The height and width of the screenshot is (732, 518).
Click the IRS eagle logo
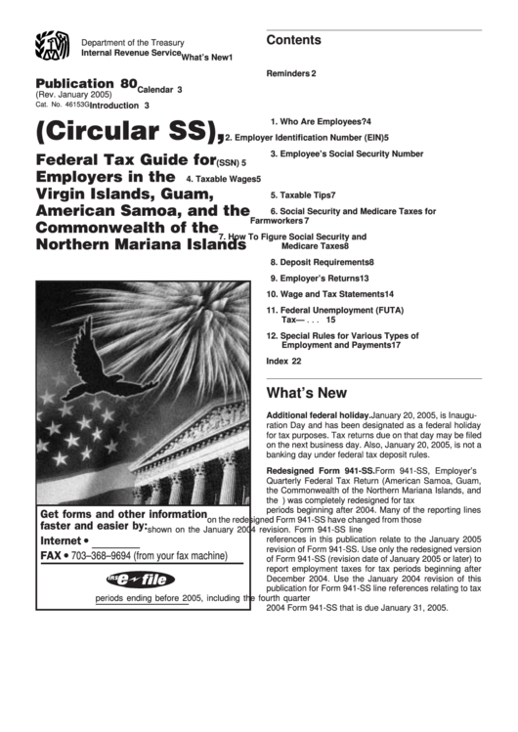coord(53,48)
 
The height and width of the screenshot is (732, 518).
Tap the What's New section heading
coord(306,394)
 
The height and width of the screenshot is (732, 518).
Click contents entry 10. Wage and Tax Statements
coord(329,294)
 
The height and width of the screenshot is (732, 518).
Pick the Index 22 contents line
coord(283,361)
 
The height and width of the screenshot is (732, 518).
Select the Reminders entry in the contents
coord(290,73)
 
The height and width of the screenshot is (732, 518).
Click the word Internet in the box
coord(61,539)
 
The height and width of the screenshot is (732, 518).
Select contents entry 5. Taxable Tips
coord(303,195)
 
